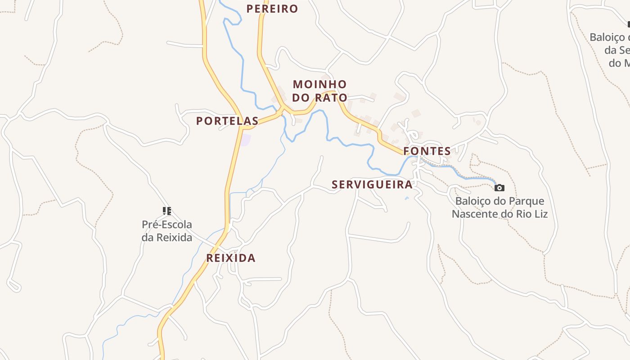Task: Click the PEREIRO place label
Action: coord(272,9)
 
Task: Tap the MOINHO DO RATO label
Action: coord(319,91)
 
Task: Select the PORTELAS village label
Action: coord(227,121)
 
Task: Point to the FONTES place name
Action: coord(427,151)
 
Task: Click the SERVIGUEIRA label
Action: coord(372,184)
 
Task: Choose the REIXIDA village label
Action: coord(231,258)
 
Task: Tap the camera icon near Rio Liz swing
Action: coord(499,188)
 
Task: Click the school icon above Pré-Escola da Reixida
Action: coord(167,211)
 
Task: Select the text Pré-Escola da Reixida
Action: coord(167,231)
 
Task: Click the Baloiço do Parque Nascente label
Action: coord(499,207)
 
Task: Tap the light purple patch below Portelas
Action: coord(245,139)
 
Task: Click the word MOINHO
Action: coord(319,84)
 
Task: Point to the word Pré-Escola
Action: coord(167,225)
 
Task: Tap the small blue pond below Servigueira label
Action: coord(407,198)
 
